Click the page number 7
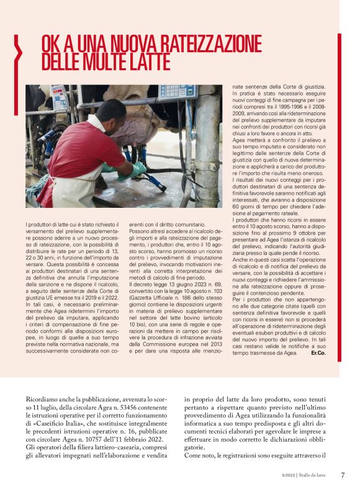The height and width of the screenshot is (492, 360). (342, 476)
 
